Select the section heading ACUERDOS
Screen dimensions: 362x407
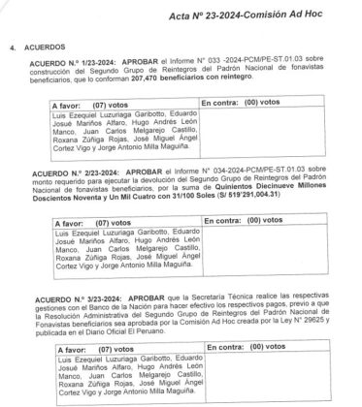click(x=45, y=46)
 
